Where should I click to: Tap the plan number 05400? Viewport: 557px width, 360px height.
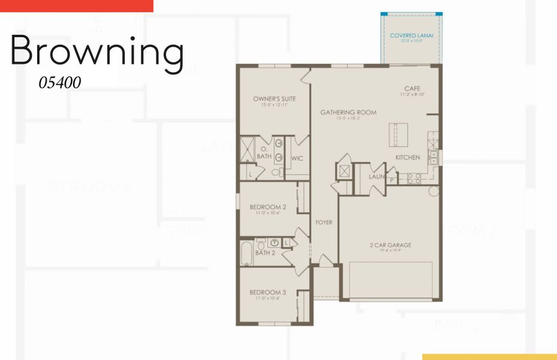pyautogui.click(x=60, y=83)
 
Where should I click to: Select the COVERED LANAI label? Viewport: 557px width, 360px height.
pyautogui.click(x=411, y=36)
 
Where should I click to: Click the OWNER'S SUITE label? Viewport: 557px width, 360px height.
pyautogui.click(x=274, y=99)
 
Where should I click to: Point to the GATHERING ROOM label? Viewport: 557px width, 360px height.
pyautogui.click(x=348, y=112)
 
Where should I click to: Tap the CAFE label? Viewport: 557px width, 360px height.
pyautogui.click(x=412, y=89)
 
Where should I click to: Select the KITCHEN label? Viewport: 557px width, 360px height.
pyautogui.click(x=407, y=158)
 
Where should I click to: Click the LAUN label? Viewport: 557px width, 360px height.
pyautogui.click(x=376, y=176)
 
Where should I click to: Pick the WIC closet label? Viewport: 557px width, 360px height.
pyautogui.click(x=297, y=158)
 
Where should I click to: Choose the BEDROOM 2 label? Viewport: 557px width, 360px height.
pyautogui.click(x=267, y=207)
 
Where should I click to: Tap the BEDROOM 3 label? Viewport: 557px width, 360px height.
pyautogui.click(x=267, y=293)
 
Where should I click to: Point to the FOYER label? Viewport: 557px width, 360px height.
pyautogui.click(x=324, y=223)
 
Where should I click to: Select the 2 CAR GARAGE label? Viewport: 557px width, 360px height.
pyautogui.click(x=390, y=245)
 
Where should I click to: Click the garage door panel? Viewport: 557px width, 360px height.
pyautogui.click(x=391, y=279)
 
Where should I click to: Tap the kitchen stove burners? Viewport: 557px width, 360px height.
pyautogui.click(x=413, y=178)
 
